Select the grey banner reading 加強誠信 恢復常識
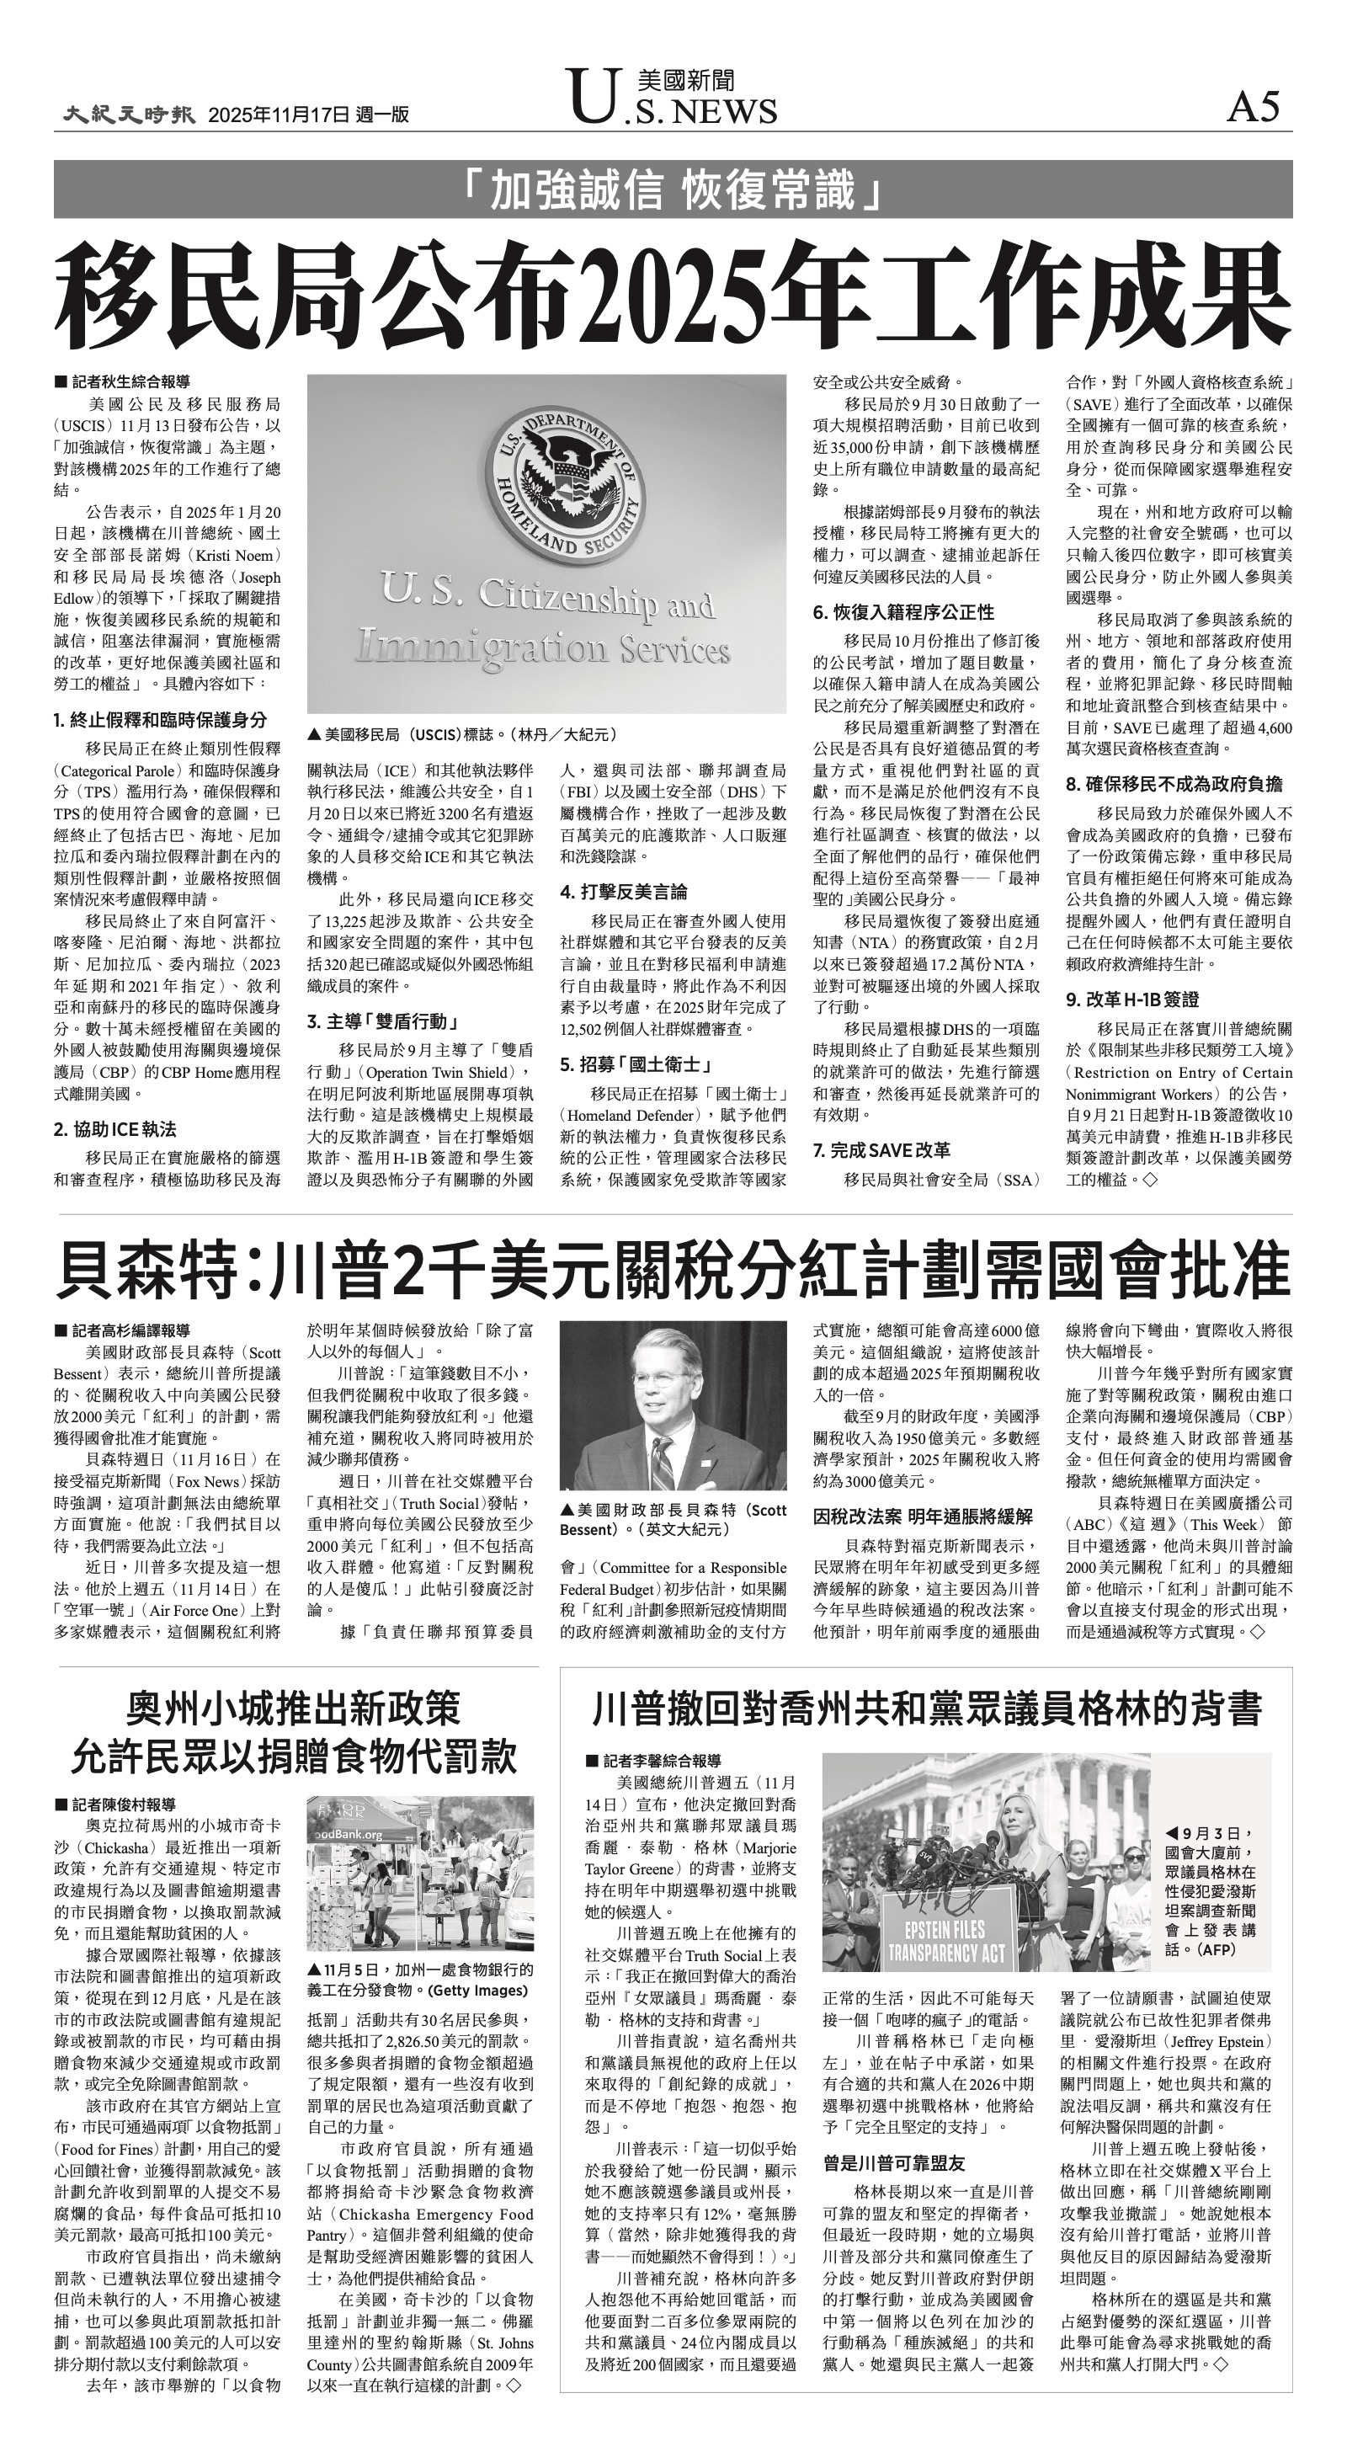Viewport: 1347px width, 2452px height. click(x=672, y=189)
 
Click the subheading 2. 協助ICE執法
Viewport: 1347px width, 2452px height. click(x=115, y=1130)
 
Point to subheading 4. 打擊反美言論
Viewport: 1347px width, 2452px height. click(x=624, y=892)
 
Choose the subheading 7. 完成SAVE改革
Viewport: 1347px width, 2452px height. click(x=881, y=1150)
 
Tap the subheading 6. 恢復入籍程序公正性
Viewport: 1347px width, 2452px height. click(x=903, y=612)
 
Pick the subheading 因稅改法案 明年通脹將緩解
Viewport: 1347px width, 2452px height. click(x=923, y=1517)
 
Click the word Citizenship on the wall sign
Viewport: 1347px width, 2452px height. click(x=544, y=598)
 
